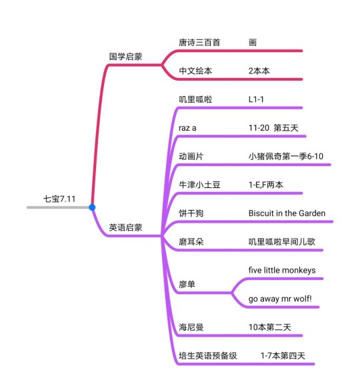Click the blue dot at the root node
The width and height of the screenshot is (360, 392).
pos(92,207)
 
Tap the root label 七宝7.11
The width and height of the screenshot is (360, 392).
pos(59,199)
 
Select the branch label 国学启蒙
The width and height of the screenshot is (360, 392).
pos(125,57)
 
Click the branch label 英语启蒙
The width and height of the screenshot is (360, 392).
pos(125,227)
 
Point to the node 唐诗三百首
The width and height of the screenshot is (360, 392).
pos(199,43)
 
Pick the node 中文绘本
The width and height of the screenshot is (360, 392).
pos(195,71)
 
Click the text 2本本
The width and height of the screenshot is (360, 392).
pos(259,71)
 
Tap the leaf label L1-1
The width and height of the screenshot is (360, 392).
pos(256,99)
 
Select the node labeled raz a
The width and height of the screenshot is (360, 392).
pos(187,128)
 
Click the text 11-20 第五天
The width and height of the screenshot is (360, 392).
pos(273,128)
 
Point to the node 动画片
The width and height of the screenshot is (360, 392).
pos(191,157)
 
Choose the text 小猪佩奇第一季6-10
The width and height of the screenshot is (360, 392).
pos(286,157)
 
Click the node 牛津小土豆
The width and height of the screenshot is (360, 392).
pos(199,185)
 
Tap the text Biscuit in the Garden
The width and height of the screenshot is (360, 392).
pos(287,213)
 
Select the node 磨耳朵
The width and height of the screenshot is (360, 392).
pos(191,242)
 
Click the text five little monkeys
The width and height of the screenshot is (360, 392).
pos(282,271)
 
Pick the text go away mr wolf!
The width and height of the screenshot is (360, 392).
pos(280,299)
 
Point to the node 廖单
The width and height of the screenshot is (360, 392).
pos(187,285)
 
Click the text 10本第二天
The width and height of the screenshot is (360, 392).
pos(270,327)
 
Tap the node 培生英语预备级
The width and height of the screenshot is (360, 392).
pos(207,356)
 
